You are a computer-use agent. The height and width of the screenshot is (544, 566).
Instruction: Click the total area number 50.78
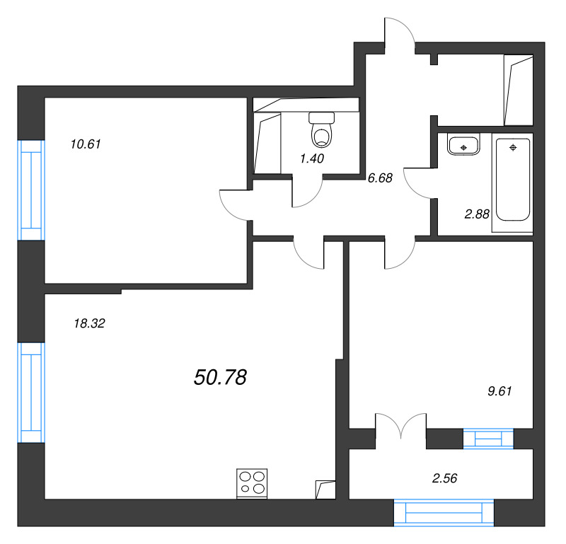(x=219, y=378)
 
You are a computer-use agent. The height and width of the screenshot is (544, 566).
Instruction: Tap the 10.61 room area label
(x=86, y=144)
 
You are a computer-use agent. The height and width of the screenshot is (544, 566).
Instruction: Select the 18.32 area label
(x=89, y=324)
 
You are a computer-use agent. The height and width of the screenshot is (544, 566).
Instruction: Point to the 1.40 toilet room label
(x=312, y=158)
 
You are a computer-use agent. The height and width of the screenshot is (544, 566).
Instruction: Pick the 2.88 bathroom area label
(x=477, y=214)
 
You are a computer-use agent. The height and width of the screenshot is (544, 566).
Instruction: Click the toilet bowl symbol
(x=322, y=128)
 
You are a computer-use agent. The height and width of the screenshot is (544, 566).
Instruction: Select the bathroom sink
(x=463, y=146)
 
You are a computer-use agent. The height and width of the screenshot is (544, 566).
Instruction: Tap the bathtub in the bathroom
(x=513, y=180)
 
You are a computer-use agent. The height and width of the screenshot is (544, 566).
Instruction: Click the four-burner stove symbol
(x=253, y=483)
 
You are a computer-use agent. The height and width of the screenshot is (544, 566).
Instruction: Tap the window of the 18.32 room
(x=30, y=391)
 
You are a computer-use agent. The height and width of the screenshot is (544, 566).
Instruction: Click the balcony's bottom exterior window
(x=443, y=511)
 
